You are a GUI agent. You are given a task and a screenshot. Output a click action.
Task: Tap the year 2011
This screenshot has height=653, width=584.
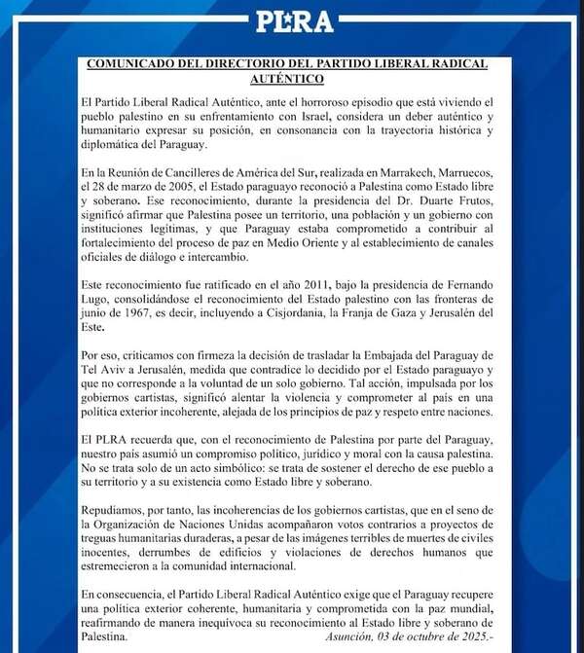262,279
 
